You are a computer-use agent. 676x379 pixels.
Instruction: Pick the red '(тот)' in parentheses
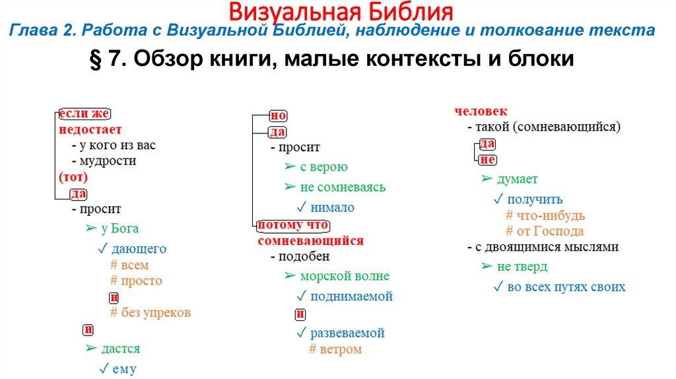pos(73,177)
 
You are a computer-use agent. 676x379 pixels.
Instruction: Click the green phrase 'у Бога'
pos(119,228)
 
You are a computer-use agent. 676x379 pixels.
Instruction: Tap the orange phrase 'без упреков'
pos(156,312)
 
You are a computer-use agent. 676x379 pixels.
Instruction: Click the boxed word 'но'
pos(278,116)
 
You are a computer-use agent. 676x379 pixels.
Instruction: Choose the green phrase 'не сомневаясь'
pos(342,187)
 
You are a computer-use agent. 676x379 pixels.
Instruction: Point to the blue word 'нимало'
pos(332,207)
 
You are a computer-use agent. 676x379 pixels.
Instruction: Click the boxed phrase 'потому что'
pos(292,225)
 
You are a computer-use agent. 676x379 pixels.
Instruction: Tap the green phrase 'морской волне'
pos(344,276)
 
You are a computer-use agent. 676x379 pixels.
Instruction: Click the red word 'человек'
pos(481,112)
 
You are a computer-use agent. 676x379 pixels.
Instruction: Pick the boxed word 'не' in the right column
pos(488,160)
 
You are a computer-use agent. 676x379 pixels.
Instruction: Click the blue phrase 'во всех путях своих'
pos(566,287)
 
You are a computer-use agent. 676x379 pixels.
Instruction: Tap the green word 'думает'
pos(517,179)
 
